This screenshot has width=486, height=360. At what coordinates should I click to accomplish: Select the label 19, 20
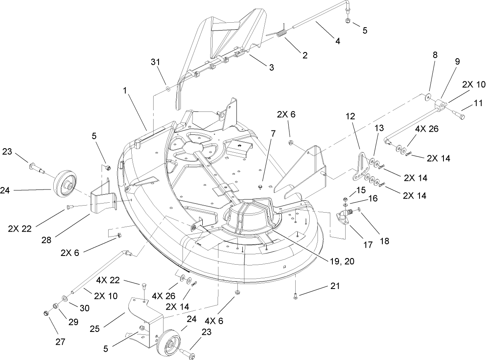(x=340, y=261)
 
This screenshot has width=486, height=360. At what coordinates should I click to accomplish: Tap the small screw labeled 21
(x=296, y=294)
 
